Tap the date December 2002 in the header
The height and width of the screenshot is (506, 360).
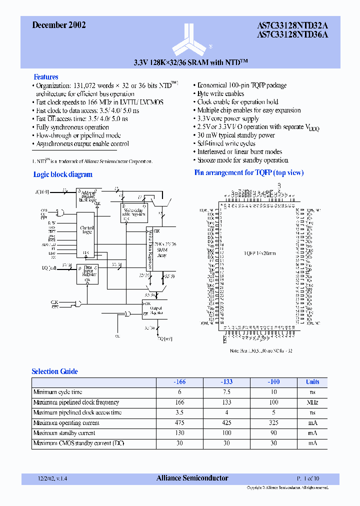58,25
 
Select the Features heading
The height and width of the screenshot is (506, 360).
45,77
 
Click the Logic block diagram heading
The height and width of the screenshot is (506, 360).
62,174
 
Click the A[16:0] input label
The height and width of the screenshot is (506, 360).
43,191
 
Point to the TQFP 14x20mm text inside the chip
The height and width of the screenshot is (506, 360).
260,253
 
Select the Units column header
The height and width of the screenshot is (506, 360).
312,382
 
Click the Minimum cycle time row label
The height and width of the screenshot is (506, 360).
57,392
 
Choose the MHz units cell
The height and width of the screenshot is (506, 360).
312,402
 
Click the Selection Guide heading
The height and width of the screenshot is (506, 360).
54,371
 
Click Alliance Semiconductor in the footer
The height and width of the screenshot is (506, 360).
192,478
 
